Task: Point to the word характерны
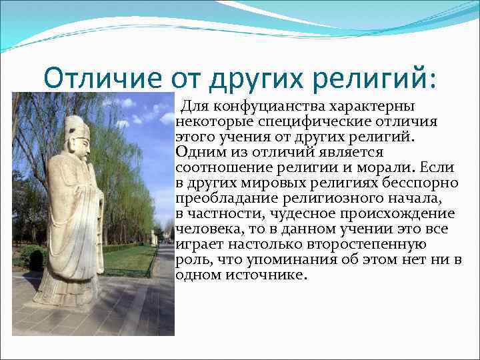click(x=373, y=107)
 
